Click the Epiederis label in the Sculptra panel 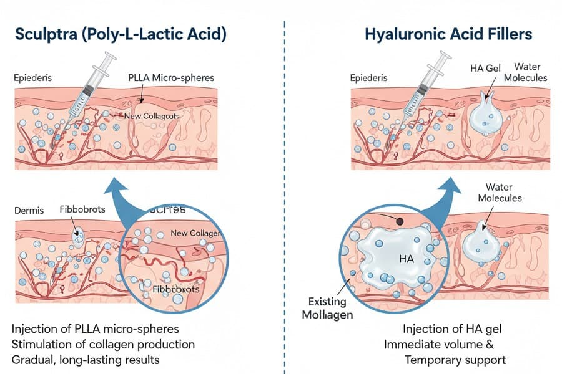click(34, 79)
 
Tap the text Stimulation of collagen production click(103, 344)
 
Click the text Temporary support click(455, 360)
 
